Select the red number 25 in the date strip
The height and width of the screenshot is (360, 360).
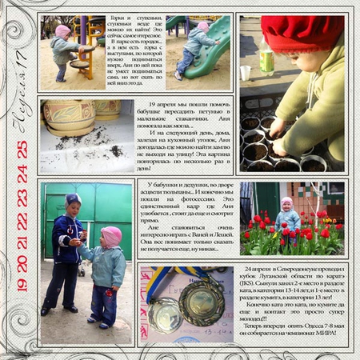22,150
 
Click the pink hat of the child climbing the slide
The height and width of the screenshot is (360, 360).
203,27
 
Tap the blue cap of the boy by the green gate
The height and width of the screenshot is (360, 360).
73,199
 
